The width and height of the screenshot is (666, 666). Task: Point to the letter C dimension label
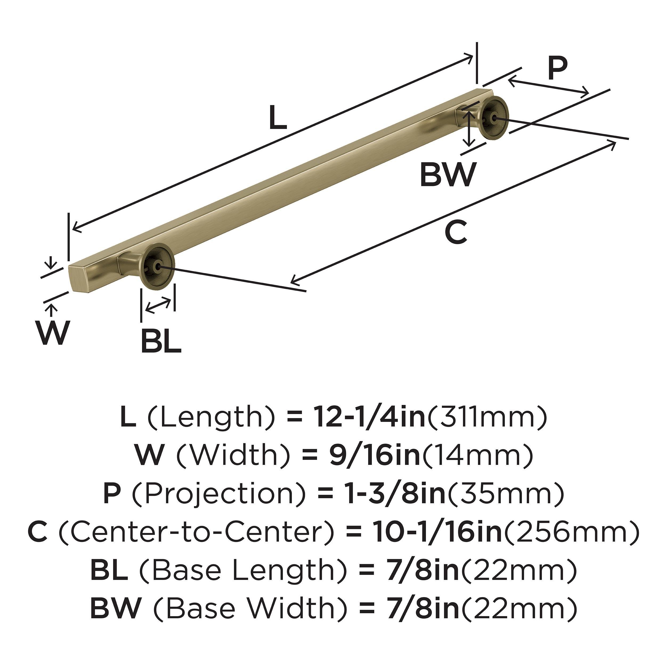point(456,232)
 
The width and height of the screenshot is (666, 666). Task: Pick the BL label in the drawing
point(161,341)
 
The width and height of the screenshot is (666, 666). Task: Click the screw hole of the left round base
point(158,266)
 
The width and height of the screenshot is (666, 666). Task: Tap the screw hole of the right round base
point(495,118)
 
